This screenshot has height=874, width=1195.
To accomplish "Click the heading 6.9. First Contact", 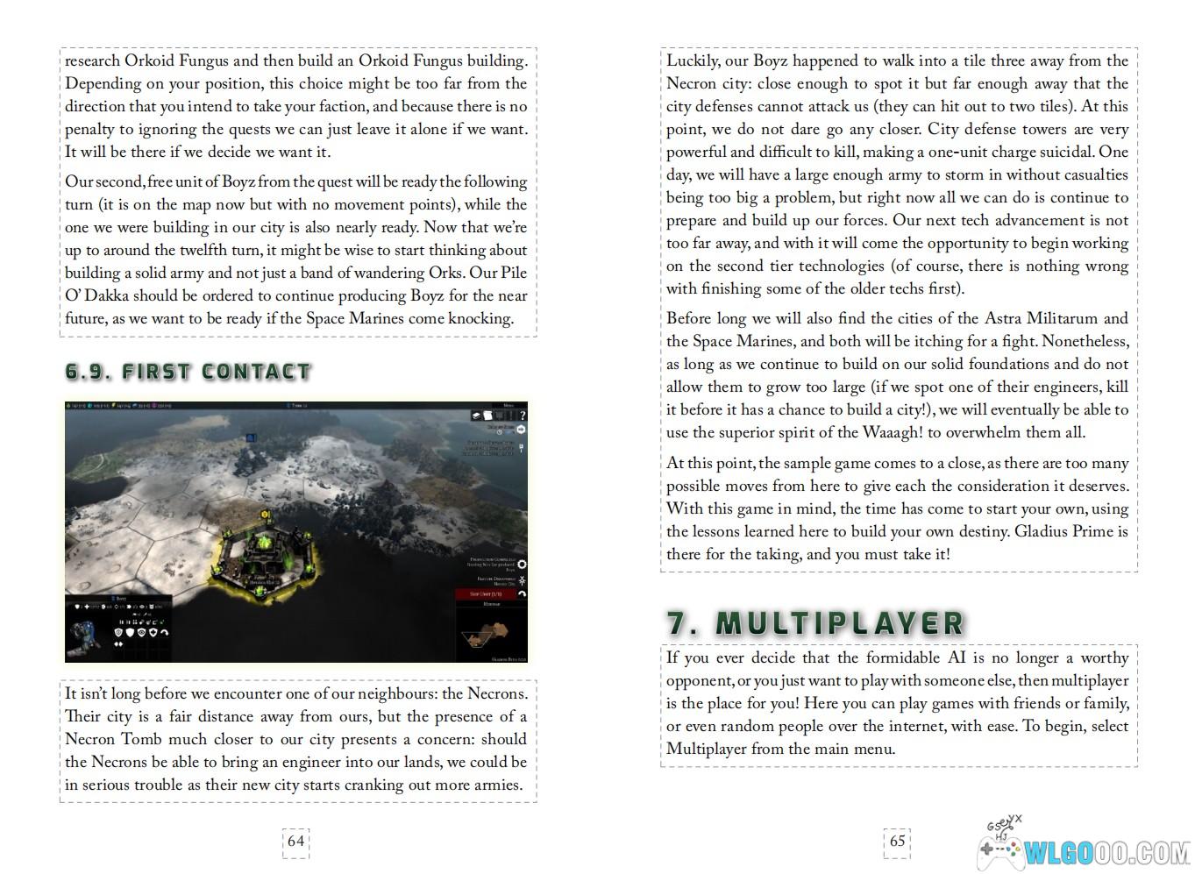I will [188, 371].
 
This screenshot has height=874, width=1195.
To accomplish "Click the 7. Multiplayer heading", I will [814, 622].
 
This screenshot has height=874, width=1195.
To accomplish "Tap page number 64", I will [295, 841].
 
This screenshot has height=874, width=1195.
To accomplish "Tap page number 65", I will [897, 841].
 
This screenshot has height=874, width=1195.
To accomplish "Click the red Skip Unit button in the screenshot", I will [490, 593].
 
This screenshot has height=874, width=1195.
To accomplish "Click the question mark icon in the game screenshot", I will [522, 415].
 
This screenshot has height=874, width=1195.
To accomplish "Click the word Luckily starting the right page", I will [693, 60].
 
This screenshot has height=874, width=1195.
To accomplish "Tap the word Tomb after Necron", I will [140, 739].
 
